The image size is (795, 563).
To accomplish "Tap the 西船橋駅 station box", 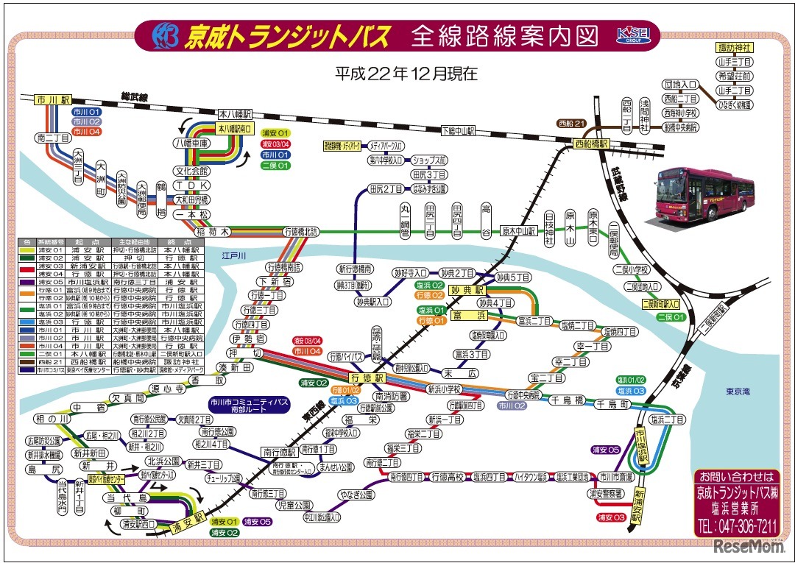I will pyautogui.click(x=593, y=144).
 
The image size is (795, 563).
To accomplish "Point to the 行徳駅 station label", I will pyautogui.click(x=368, y=377).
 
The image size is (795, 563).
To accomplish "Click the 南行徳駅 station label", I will pyautogui.click(x=278, y=451).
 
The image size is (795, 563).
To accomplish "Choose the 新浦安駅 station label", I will pyautogui.click(x=639, y=506).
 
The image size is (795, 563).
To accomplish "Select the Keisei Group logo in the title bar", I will pyautogui.click(x=632, y=35).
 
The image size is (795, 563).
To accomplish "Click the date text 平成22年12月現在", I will pyautogui.click(x=406, y=73).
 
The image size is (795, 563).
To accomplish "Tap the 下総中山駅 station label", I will pyautogui.click(x=458, y=130).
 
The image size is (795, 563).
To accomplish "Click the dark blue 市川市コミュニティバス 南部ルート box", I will pyautogui.click(x=249, y=404).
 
